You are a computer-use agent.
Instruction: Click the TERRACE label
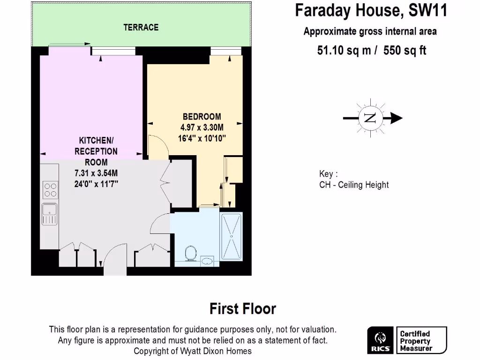(x=141, y=28)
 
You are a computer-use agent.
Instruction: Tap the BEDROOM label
(x=202, y=117)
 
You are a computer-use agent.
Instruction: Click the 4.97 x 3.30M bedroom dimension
(x=202, y=127)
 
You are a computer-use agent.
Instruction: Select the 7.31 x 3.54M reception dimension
(x=96, y=173)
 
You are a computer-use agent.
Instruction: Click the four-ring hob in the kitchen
(x=50, y=189)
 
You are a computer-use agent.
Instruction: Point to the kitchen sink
(x=49, y=215)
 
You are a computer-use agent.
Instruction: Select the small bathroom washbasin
(x=207, y=260)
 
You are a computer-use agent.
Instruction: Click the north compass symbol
(x=371, y=118)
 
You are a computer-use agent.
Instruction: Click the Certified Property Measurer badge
(x=421, y=341)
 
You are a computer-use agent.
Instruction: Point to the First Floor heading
(x=242, y=309)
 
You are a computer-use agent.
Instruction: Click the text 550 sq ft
(x=405, y=51)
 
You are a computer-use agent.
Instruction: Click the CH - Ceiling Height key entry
(x=354, y=185)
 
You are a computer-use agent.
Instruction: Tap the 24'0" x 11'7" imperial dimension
(x=96, y=184)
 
